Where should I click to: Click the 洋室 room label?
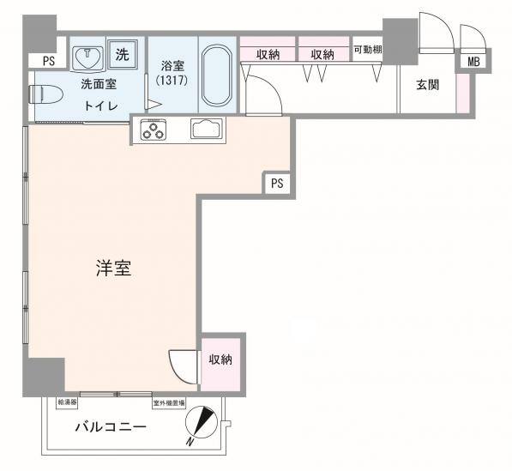(112, 269)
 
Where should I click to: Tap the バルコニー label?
(110, 426)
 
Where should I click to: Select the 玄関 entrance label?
(428, 85)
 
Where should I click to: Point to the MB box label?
(473, 62)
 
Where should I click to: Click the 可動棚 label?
(368, 50)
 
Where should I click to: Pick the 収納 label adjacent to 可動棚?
(322, 54)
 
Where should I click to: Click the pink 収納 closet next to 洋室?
(220, 359)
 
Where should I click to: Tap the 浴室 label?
(173, 64)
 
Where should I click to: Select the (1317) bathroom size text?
(173, 80)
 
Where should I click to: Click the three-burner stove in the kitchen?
(154, 130)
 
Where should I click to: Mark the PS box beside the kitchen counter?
(276, 183)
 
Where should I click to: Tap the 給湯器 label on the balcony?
(68, 402)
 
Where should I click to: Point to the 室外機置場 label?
(169, 402)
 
